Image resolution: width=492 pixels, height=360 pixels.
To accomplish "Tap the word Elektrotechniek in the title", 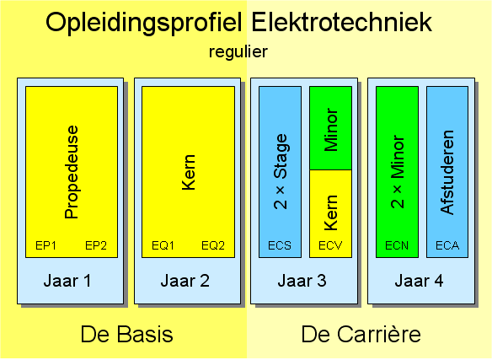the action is pos(342,22).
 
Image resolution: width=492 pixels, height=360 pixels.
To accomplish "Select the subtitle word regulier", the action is pos(238,51).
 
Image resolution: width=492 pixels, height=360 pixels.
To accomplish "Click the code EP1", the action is pos(45,245).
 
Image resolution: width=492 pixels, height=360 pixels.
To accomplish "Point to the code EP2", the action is pos(96,245).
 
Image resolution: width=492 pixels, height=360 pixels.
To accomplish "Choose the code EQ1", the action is pos(163,245).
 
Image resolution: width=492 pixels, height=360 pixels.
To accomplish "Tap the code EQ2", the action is pos(213,245).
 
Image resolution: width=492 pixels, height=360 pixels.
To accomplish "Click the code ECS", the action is pos(280,245).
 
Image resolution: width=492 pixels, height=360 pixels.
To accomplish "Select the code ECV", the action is pos(330,245).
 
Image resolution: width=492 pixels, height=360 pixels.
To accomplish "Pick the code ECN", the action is pos(397,245).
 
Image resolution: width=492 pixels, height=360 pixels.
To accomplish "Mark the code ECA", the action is pos(447,245).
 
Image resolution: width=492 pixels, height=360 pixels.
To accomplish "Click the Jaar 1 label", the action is pos(67,281).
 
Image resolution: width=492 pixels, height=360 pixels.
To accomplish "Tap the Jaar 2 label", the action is pos(184,281).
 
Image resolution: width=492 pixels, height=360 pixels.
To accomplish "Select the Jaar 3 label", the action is pos(302,281).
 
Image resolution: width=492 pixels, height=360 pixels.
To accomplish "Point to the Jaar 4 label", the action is pos(420,281).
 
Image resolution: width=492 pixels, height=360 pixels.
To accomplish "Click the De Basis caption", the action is pos(126,334).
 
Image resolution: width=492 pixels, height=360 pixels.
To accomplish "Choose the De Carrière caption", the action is pos(361,334).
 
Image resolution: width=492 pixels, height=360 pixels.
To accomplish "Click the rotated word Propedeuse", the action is pos(72,172).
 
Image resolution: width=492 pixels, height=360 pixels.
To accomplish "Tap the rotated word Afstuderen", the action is pos(447,172).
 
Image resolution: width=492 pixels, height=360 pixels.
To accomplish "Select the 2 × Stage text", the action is pos(281,171).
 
